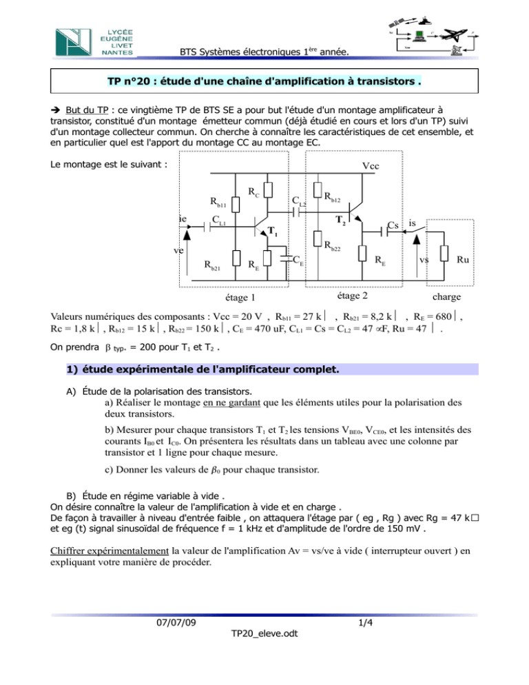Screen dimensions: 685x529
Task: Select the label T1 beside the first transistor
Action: pos(273,231)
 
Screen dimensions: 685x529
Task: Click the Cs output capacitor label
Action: pos(393,225)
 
